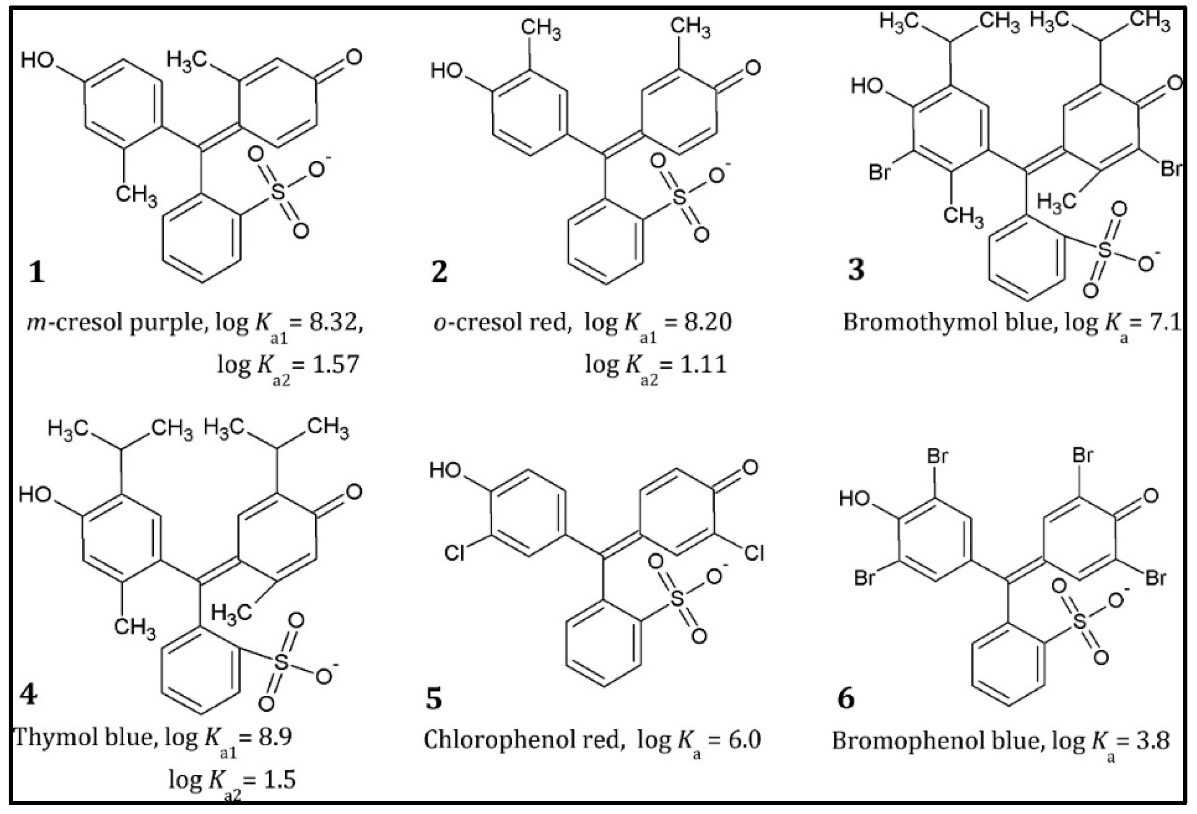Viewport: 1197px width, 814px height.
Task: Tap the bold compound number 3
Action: [855, 269]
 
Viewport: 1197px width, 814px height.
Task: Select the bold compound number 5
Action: [434, 699]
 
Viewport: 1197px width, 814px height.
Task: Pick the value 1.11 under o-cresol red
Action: [703, 365]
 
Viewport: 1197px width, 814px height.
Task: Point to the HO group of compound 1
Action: [37, 60]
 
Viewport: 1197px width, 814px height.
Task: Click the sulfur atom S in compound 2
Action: [680, 197]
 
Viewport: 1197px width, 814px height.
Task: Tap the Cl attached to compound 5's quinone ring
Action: [754, 553]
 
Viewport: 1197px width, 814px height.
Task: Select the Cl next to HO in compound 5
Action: [454, 553]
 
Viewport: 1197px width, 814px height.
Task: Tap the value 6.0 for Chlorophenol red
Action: [744, 740]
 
